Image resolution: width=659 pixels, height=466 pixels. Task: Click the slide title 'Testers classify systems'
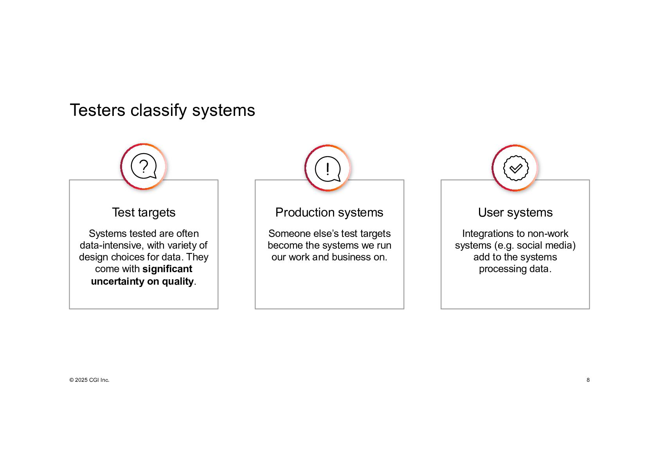[x=162, y=110]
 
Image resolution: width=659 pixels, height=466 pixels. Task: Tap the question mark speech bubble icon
[x=144, y=166]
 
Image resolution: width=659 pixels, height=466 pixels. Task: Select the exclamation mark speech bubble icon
[x=328, y=168]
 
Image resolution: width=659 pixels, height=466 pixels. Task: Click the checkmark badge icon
[x=515, y=168]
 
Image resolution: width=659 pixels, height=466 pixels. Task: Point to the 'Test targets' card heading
[x=144, y=212]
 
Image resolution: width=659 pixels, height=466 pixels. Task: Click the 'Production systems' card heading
[x=329, y=212]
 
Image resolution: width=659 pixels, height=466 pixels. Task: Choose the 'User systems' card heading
[x=515, y=212]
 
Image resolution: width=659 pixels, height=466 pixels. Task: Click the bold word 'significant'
[x=167, y=269]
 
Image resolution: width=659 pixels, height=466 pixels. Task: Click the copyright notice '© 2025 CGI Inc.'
[x=89, y=380]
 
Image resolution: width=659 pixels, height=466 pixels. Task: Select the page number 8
[x=588, y=380]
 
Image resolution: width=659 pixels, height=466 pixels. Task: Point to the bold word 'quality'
[x=178, y=282]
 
